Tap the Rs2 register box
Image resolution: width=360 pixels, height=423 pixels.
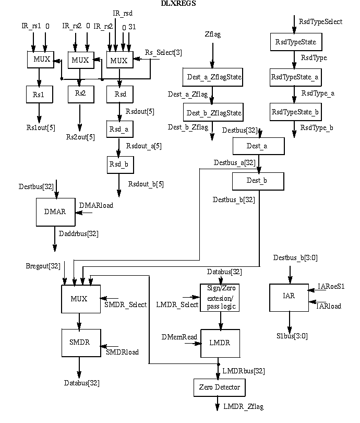pos(80,94)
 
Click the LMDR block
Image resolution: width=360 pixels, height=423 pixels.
pos(220,343)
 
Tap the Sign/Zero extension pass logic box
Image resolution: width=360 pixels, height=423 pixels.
pos(220,298)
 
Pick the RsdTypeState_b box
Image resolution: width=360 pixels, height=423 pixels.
pos(294,112)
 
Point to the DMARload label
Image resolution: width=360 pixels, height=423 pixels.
pos(95,205)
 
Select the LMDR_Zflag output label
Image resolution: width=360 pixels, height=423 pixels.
pos(243,406)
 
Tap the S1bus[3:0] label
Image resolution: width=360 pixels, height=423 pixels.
pos(292,336)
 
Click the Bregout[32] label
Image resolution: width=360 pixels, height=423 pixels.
pos(43,266)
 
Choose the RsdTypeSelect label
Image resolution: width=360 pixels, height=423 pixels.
pos(320,22)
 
